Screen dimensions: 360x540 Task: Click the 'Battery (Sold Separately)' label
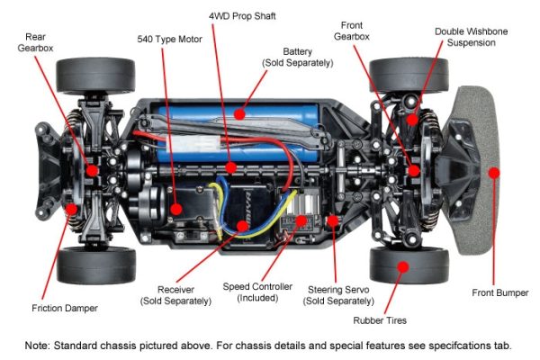point(297,58)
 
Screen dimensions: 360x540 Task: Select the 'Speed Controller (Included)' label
point(257,292)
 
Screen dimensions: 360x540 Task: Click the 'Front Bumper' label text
point(499,292)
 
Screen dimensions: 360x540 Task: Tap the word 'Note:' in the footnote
point(42,346)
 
